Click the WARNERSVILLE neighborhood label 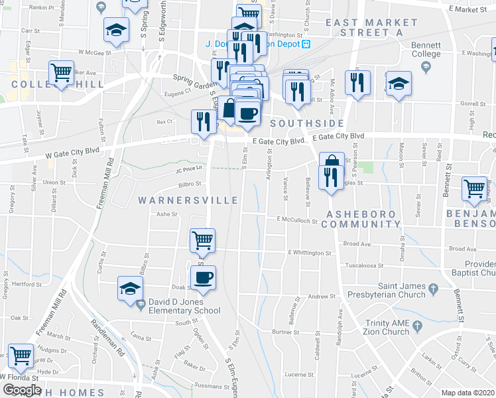coord(188,200)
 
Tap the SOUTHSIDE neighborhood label coord(306,123)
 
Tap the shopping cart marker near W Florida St coord(20,356)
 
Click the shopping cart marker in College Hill coord(62,72)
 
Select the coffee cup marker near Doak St coord(204,277)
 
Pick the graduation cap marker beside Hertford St coord(130,289)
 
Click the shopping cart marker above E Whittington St coord(203,239)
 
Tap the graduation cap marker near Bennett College coord(399,84)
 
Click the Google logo coord(22,389)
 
